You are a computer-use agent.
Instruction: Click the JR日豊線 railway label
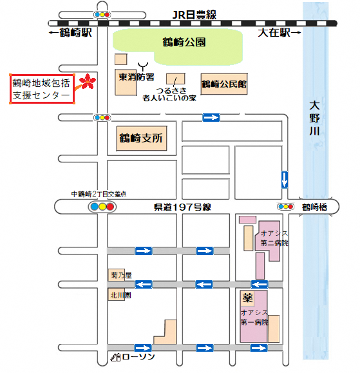click(194, 15)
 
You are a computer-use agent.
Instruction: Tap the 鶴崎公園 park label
click(184, 43)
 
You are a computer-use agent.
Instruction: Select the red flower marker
click(88, 81)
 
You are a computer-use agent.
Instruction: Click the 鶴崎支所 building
click(142, 139)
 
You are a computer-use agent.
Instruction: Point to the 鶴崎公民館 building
click(224, 84)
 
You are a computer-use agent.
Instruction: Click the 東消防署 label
click(137, 77)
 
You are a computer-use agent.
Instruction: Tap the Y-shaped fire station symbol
click(143, 66)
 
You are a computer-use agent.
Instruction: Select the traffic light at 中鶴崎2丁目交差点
click(102, 207)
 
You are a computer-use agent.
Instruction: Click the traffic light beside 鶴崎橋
click(285, 207)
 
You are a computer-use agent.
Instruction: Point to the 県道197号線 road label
click(182, 207)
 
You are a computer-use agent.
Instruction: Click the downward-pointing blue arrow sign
click(285, 180)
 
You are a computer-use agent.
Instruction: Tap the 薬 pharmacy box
click(247, 298)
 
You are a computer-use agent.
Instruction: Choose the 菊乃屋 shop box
click(117, 275)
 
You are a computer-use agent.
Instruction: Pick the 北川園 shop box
click(117, 294)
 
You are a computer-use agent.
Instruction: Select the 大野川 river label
click(314, 119)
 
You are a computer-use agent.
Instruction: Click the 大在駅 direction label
click(279, 32)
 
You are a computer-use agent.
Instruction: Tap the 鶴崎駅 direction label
click(70, 32)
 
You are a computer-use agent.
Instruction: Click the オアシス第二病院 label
click(274, 238)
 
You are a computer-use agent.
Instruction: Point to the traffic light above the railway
click(102, 15)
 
